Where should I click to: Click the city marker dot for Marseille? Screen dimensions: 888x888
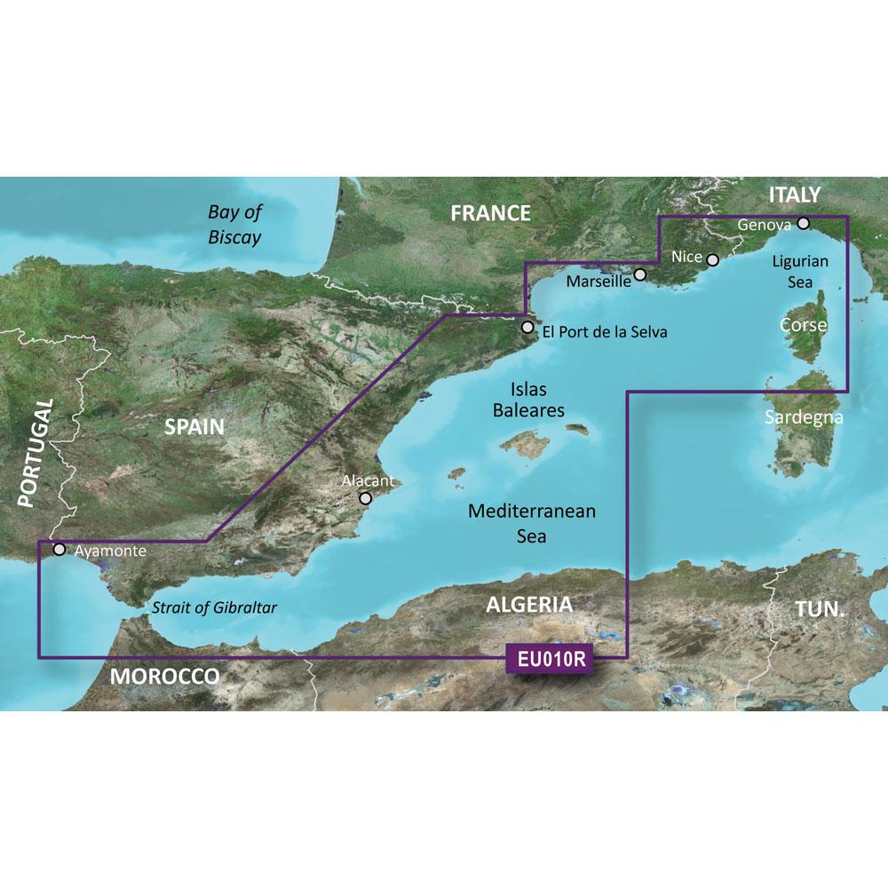click(640, 276)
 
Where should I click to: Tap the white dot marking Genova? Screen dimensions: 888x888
click(803, 224)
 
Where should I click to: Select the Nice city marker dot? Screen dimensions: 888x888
click(712, 259)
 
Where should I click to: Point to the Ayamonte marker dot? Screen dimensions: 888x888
click(59, 549)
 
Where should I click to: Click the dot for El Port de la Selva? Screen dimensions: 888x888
click(527, 328)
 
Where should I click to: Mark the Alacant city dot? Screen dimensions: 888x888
click(364, 499)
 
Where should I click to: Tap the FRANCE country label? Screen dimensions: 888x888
click(490, 213)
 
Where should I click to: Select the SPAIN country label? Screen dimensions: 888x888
click(194, 427)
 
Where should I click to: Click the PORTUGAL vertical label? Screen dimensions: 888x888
click(38, 453)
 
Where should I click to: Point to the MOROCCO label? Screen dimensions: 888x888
click(165, 678)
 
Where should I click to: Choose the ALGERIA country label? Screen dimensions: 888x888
click(528, 606)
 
